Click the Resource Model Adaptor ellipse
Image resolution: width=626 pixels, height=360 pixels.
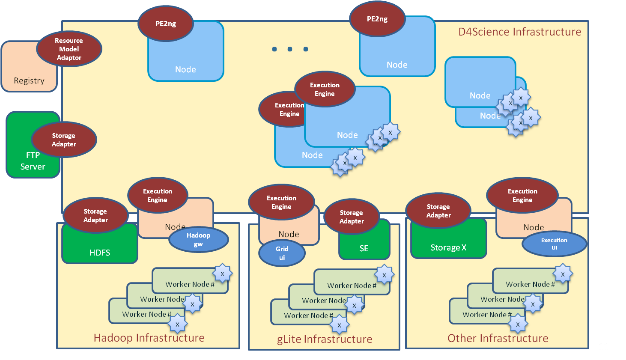69,49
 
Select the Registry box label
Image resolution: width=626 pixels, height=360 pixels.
29,80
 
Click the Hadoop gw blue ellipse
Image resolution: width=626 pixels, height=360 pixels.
198,240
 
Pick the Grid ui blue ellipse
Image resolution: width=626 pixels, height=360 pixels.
282,253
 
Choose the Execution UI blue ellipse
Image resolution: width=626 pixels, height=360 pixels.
554,244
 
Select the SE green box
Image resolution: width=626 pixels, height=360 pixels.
364,248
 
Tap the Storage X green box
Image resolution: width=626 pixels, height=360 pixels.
448,247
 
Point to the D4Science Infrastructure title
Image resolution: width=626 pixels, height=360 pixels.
519,32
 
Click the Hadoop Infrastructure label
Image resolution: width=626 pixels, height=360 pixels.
149,338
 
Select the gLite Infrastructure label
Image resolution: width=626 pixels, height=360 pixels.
325,339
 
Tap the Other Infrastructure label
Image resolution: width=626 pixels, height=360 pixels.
498,338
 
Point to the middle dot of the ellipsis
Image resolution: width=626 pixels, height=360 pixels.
290,49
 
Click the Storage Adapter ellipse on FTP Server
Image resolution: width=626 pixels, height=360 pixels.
64,140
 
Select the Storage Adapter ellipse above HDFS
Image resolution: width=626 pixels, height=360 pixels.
95,215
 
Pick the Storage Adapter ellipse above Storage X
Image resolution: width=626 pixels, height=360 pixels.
438,211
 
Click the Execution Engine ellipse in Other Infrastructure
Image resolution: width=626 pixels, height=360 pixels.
522,196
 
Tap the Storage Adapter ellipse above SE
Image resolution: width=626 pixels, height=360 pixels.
352,217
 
